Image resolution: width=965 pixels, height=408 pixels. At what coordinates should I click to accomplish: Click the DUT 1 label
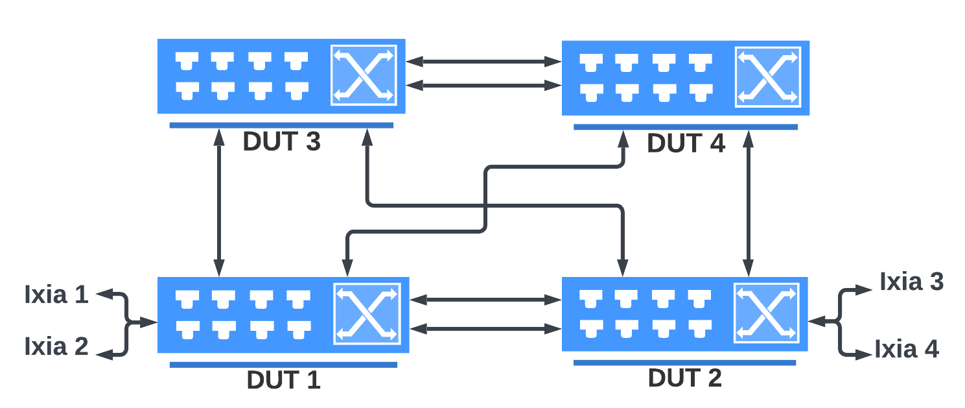[x=283, y=380]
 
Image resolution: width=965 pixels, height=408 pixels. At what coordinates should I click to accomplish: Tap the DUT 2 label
[x=684, y=378]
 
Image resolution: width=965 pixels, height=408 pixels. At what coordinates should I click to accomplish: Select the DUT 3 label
[x=281, y=143]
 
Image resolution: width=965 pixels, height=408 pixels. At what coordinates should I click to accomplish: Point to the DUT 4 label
[x=686, y=144]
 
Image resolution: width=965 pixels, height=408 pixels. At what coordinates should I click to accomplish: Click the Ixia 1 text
[x=56, y=295]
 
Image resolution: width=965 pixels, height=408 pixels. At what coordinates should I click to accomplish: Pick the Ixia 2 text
[x=56, y=346]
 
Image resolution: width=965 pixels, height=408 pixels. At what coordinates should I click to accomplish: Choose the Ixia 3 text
[x=911, y=282]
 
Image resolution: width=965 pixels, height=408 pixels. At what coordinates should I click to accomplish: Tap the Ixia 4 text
[x=906, y=350]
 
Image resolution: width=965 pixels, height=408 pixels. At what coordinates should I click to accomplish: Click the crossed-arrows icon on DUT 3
[x=364, y=75]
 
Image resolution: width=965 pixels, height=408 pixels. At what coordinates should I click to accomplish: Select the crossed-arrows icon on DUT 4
[x=767, y=77]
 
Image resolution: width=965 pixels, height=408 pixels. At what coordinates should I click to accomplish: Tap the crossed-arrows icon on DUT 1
[x=367, y=313]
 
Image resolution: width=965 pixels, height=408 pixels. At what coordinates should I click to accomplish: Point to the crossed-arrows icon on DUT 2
[x=767, y=313]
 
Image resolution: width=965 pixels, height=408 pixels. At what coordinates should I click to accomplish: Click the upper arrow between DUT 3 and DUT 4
[x=483, y=62]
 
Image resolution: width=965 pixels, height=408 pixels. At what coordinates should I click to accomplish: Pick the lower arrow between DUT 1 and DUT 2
[x=485, y=329]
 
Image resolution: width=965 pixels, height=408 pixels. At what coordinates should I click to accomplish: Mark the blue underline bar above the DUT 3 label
[x=281, y=125]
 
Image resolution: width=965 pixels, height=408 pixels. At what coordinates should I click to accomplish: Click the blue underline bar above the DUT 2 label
[x=684, y=363]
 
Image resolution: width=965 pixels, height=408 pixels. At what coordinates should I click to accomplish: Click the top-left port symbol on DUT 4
[x=590, y=62]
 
